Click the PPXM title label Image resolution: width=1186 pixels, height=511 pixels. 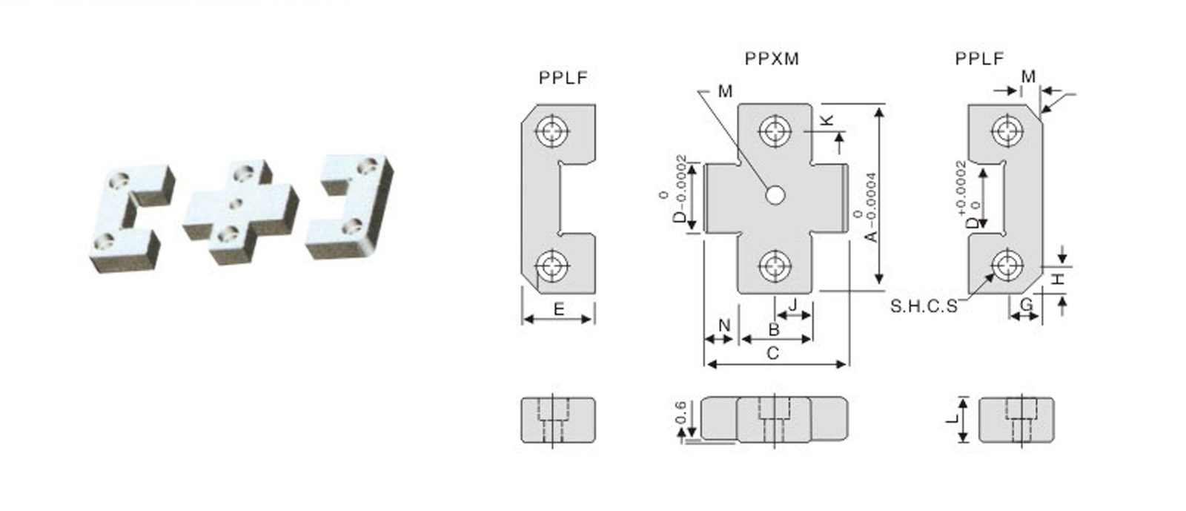point(772,59)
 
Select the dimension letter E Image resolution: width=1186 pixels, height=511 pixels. point(559,309)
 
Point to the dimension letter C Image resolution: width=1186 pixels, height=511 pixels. point(772,353)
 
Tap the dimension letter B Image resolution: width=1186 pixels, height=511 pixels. point(774,329)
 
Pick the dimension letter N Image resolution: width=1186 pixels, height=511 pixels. point(724,325)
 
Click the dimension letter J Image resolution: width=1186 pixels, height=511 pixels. point(793,304)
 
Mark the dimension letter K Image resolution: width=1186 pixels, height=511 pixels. point(827,120)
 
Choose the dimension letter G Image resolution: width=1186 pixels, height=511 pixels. point(1026,304)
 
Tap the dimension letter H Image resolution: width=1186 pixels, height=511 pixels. point(1060,279)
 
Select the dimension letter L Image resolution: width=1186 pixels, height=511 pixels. point(953,419)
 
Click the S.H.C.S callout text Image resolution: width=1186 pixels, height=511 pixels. point(924,306)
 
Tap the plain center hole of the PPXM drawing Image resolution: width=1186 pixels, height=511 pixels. point(775,194)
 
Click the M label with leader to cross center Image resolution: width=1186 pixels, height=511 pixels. point(725,91)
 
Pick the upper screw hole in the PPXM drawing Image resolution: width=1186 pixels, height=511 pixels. point(775,132)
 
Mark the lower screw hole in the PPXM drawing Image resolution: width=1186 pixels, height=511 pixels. point(775,265)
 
